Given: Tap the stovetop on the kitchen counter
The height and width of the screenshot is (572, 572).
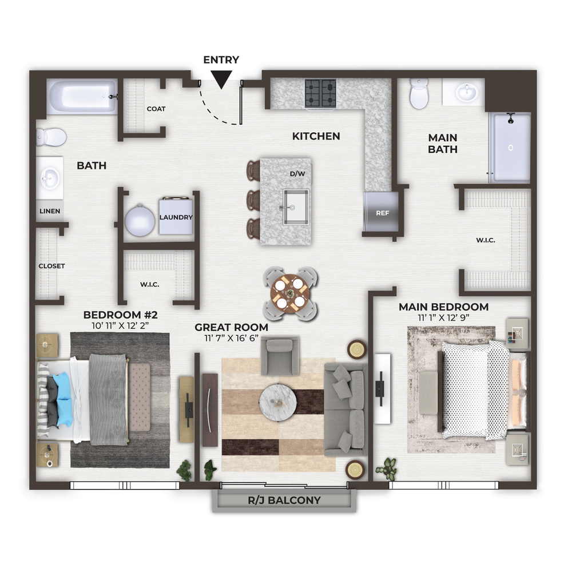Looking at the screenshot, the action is pyautogui.click(x=320, y=93).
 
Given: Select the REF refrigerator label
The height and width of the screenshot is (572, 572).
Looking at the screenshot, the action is pyautogui.click(x=382, y=213).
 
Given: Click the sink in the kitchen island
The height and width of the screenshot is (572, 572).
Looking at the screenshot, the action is pyautogui.click(x=296, y=207).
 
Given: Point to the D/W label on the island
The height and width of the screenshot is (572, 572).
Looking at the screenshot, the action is pyautogui.click(x=297, y=174).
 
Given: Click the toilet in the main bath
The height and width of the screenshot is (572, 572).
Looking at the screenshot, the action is pyautogui.click(x=419, y=93).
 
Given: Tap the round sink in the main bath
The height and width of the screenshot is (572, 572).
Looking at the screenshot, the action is pyautogui.click(x=466, y=92).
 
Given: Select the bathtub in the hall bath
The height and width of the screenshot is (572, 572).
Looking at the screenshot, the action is pyautogui.click(x=82, y=97).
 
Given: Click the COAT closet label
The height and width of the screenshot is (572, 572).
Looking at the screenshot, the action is pyautogui.click(x=156, y=109).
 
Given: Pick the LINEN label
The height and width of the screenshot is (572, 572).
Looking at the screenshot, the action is pyautogui.click(x=50, y=211).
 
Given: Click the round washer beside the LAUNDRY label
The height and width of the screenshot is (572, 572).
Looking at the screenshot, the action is pyautogui.click(x=140, y=220).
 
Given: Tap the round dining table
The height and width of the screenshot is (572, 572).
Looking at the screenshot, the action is pyautogui.click(x=290, y=293).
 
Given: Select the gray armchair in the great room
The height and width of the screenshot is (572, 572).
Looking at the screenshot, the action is pyautogui.click(x=280, y=356).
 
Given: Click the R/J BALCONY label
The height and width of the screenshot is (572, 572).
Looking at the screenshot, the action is pyautogui.click(x=284, y=500).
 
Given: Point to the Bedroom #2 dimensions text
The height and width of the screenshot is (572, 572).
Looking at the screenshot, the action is pyautogui.click(x=120, y=325).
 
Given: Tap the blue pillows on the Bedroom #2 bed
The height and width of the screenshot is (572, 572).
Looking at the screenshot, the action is pyautogui.click(x=63, y=399).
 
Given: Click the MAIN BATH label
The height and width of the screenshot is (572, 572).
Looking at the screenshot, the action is pyautogui.click(x=443, y=144).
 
